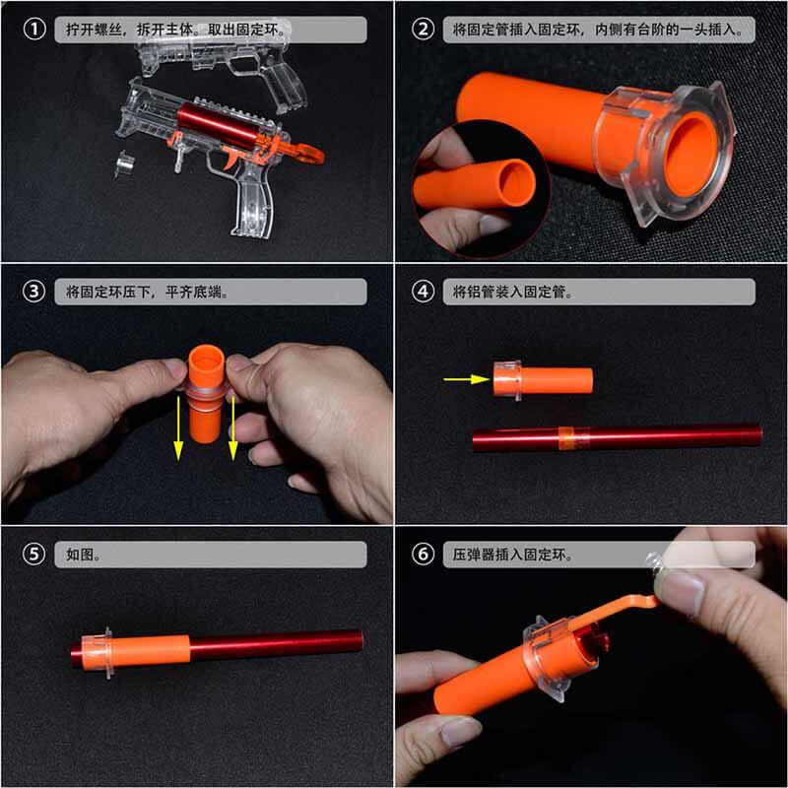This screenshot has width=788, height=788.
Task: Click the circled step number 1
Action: (34, 30)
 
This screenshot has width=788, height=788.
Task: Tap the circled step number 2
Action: (425, 30)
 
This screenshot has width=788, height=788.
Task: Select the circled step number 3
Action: (34, 292)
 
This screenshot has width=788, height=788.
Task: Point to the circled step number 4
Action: (425, 292)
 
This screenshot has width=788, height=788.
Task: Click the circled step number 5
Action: (34, 554)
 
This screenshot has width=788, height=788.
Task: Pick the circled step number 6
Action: (425, 554)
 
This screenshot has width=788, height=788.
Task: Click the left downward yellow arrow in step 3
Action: (179, 424)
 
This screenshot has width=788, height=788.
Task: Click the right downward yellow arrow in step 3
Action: (233, 424)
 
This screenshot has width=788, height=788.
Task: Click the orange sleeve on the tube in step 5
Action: (153, 650)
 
